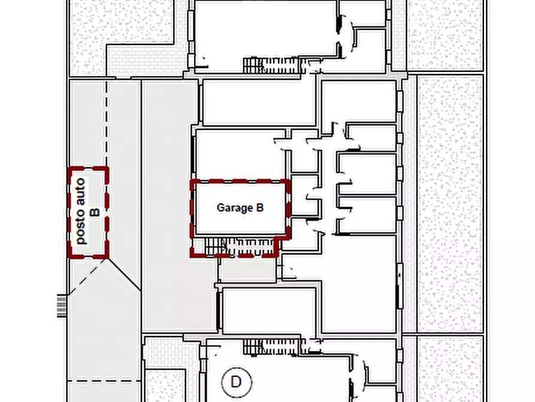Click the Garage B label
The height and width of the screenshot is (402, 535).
(240, 208)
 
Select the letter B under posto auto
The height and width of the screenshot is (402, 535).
(95, 212)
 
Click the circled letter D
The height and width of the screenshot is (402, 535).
(237, 382)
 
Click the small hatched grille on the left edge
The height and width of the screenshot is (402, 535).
(62, 305)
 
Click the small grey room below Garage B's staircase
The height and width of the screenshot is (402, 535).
(247, 270)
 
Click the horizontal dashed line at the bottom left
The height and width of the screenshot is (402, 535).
(104, 380)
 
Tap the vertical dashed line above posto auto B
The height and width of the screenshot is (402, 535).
(107, 123)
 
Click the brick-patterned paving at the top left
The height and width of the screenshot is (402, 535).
(145, 61)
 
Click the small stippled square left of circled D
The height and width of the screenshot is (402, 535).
(165, 386)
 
